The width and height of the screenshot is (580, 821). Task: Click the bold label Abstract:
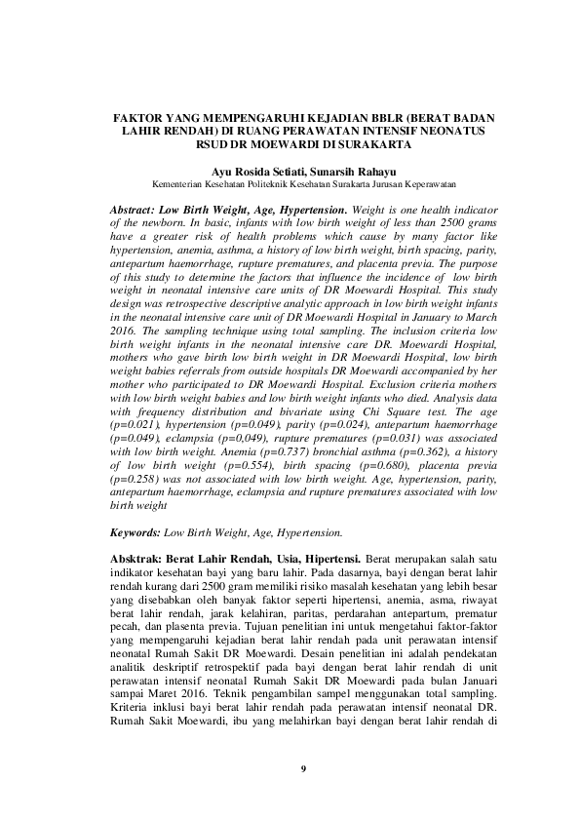[x=138, y=211]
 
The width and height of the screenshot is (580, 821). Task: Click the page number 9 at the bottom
[x=303, y=769]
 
